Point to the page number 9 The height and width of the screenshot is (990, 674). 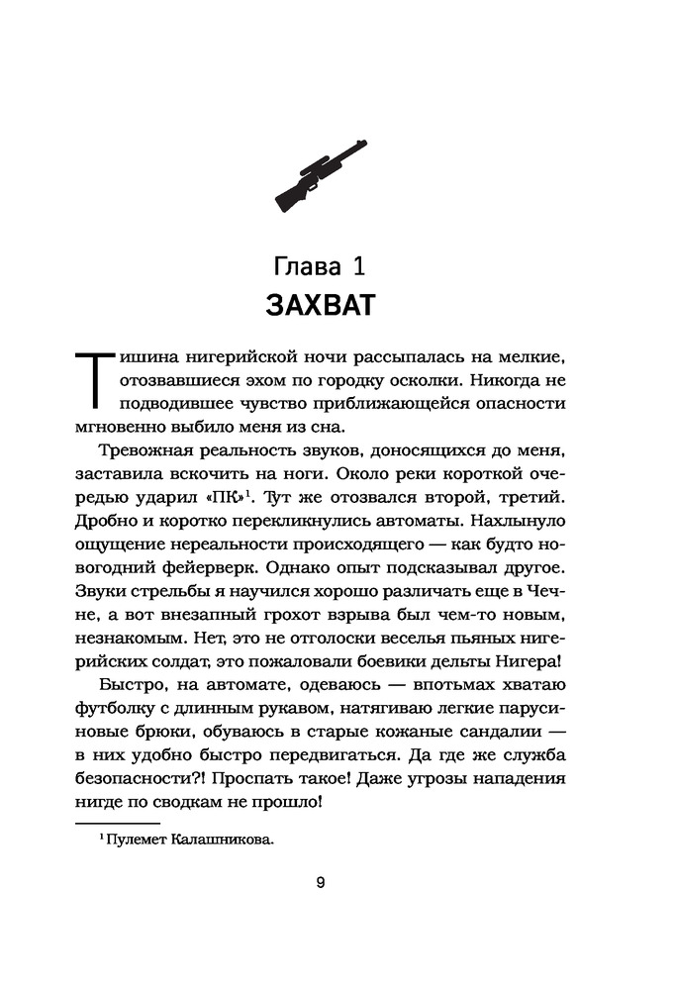click(320, 884)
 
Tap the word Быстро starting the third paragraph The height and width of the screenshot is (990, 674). click(133, 686)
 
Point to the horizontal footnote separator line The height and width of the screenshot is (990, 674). click(117, 822)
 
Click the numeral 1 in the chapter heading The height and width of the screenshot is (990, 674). click(362, 266)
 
